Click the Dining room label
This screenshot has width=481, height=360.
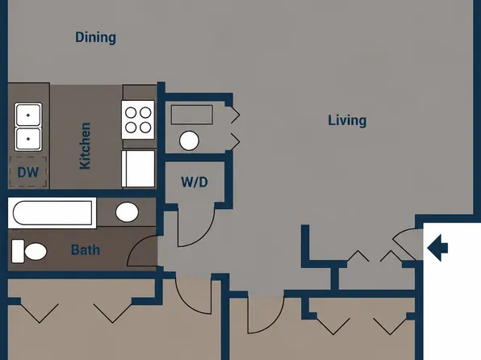point(95,37)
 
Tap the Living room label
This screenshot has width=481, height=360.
point(347,120)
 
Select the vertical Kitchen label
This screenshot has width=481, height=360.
point(85,146)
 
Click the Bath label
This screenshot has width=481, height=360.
point(86,250)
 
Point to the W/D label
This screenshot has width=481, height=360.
point(194,182)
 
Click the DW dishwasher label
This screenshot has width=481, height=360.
point(28,173)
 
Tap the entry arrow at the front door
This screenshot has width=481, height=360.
point(437,248)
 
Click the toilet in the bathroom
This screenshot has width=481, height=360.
point(29,251)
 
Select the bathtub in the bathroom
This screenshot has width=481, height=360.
point(52,213)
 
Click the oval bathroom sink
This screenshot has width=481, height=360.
point(127,211)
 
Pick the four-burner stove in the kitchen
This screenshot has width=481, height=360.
point(138,119)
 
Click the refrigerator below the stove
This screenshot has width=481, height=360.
point(138,169)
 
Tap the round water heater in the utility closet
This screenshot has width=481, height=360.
point(189,140)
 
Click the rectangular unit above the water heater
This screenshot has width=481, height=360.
point(192,115)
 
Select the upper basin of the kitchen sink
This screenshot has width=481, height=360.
point(28,115)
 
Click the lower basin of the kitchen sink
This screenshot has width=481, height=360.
point(28,139)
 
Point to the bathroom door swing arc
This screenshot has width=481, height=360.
point(135,245)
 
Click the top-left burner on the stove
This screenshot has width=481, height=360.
point(131,113)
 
